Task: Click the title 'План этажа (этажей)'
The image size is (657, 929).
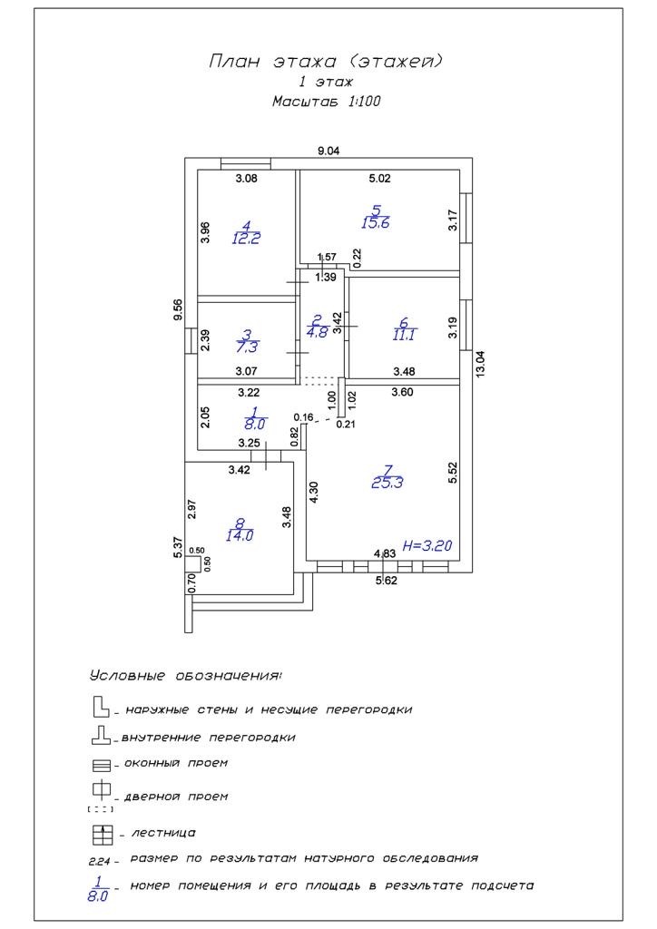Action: [326, 62]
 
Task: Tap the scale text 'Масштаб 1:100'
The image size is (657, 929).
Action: [326, 102]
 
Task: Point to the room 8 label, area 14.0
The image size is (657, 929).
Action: [240, 529]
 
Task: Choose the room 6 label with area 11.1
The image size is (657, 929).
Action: [403, 328]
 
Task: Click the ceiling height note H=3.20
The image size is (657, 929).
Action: [427, 545]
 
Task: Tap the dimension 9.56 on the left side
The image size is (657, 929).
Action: [178, 309]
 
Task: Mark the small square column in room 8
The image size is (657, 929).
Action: [192, 562]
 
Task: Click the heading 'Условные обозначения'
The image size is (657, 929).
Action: [185, 676]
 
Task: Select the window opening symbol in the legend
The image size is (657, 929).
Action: [101, 765]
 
